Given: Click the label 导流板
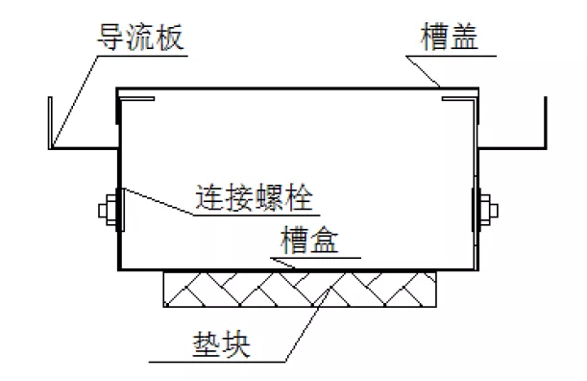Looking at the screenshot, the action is coord(141,38).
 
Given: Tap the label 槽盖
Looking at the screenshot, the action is coord(450,38).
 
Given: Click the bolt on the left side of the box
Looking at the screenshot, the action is coord(108,209).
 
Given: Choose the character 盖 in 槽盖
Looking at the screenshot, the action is coord(465,38).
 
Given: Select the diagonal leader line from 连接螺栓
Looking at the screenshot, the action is coord(154,201).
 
